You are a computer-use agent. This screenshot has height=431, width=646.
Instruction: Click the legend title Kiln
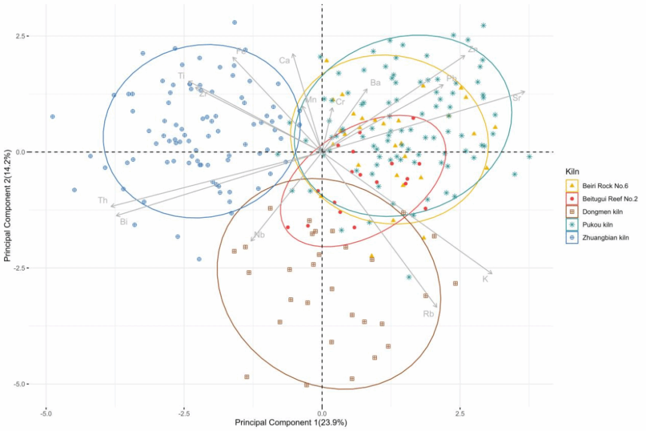pyautogui.click(x=573, y=172)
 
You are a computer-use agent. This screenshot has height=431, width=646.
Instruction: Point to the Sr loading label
pyautogui.click(x=517, y=98)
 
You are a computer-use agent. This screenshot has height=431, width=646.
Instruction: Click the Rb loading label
pyautogui.click(x=428, y=314)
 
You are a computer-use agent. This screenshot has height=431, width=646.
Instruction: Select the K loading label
pyautogui.click(x=486, y=279)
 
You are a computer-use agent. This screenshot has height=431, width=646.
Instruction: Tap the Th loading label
pyautogui.click(x=103, y=200)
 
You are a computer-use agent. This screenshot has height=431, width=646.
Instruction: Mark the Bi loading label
pyautogui.click(x=124, y=221)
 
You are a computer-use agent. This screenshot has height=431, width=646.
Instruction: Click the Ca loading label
pyautogui.click(x=285, y=60)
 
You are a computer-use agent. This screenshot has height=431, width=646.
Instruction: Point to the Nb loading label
pyautogui.click(x=259, y=235)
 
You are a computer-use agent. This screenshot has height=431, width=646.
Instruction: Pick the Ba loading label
pyautogui.click(x=376, y=83)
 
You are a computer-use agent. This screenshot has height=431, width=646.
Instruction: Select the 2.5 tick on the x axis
pyautogui.click(x=460, y=413)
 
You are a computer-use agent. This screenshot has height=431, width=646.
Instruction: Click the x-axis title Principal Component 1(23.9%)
pyautogui.click(x=291, y=423)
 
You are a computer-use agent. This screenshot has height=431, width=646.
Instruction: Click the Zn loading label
pyautogui.click(x=473, y=49)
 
